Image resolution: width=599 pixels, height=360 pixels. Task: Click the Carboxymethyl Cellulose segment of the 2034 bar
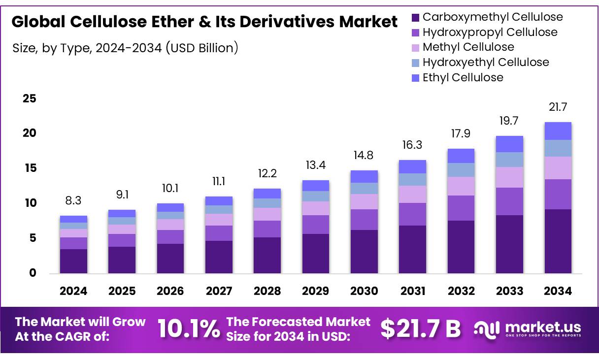558,241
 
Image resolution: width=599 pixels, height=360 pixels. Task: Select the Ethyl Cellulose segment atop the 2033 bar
509,144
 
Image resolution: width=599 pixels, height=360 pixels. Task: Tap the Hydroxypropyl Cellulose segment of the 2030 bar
364,220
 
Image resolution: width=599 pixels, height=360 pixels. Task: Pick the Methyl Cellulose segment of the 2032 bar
461,186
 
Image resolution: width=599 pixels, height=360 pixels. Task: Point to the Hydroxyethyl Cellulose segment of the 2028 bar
267,203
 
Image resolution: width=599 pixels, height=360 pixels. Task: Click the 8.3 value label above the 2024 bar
73,200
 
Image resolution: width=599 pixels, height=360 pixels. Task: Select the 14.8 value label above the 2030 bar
364,155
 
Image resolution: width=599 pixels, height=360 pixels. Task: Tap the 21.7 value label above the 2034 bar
558,107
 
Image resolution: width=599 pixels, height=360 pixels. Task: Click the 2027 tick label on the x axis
219,291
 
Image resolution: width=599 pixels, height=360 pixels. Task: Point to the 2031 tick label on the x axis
413,291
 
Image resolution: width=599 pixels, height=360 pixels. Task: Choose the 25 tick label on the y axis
30,99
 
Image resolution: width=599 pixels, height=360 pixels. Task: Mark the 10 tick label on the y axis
30,203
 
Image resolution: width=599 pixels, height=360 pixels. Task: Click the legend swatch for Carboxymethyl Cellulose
415,18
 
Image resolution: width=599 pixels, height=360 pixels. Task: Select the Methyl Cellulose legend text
468,47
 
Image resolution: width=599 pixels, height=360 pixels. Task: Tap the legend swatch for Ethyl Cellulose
415,78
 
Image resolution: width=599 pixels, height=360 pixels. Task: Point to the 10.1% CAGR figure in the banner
189,328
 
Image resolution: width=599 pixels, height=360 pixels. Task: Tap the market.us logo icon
486,328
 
